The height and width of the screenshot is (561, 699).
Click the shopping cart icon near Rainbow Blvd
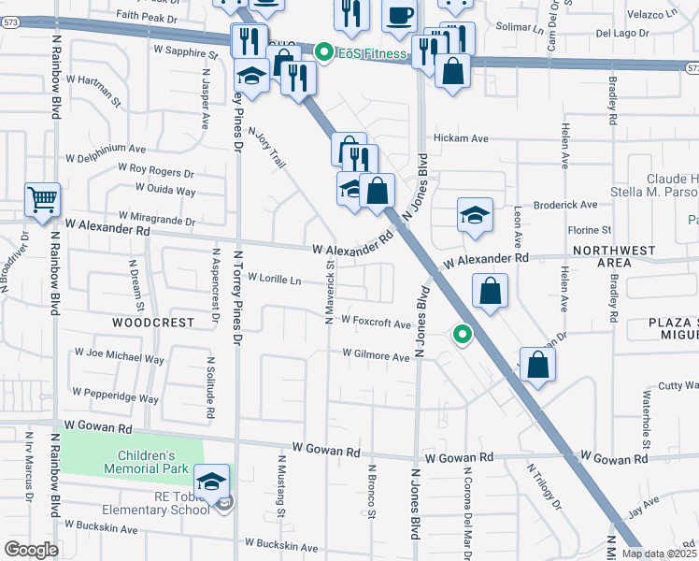click(42, 201)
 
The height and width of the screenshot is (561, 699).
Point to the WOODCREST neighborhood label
click(153, 322)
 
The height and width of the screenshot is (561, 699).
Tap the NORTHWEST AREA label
click(614, 257)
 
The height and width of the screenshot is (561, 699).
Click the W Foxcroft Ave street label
click(376, 323)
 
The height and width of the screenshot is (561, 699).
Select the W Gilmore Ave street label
click(376, 356)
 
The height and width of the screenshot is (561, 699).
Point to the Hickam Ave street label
click(467, 138)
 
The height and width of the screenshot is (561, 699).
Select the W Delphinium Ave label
click(106, 149)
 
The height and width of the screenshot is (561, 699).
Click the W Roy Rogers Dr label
click(155, 171)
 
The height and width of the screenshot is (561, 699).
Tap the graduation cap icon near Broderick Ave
click(475, 216)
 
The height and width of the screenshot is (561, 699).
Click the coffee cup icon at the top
click(399, 16)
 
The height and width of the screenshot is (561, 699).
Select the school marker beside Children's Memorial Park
click(212, 482)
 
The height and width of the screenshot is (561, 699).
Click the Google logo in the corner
click(31, 550)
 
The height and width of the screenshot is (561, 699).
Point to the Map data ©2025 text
click(658, 554)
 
